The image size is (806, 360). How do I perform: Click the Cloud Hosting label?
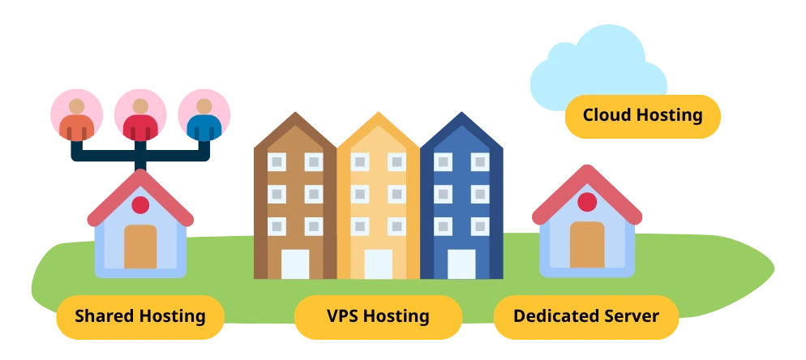[642, 116]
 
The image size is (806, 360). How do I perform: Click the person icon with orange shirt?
[76, 115]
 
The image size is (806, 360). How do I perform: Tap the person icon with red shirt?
[140, 115]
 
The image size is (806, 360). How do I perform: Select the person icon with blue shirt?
[204, 115]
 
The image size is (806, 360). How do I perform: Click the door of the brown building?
[295, 264]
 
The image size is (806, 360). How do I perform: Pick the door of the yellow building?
[379, 264]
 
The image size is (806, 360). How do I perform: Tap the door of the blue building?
[461, 264]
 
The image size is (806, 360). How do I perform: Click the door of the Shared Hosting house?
[140, 246]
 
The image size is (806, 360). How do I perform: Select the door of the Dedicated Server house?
[587, 244]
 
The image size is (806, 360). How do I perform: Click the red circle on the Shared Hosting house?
[140, 204]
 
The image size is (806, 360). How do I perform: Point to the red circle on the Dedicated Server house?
[587, 202]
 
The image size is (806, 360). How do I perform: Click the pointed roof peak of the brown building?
[295, 113]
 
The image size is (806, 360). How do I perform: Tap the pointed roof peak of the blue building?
[461, 113]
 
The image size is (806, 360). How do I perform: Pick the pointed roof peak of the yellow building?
[379, 113]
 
